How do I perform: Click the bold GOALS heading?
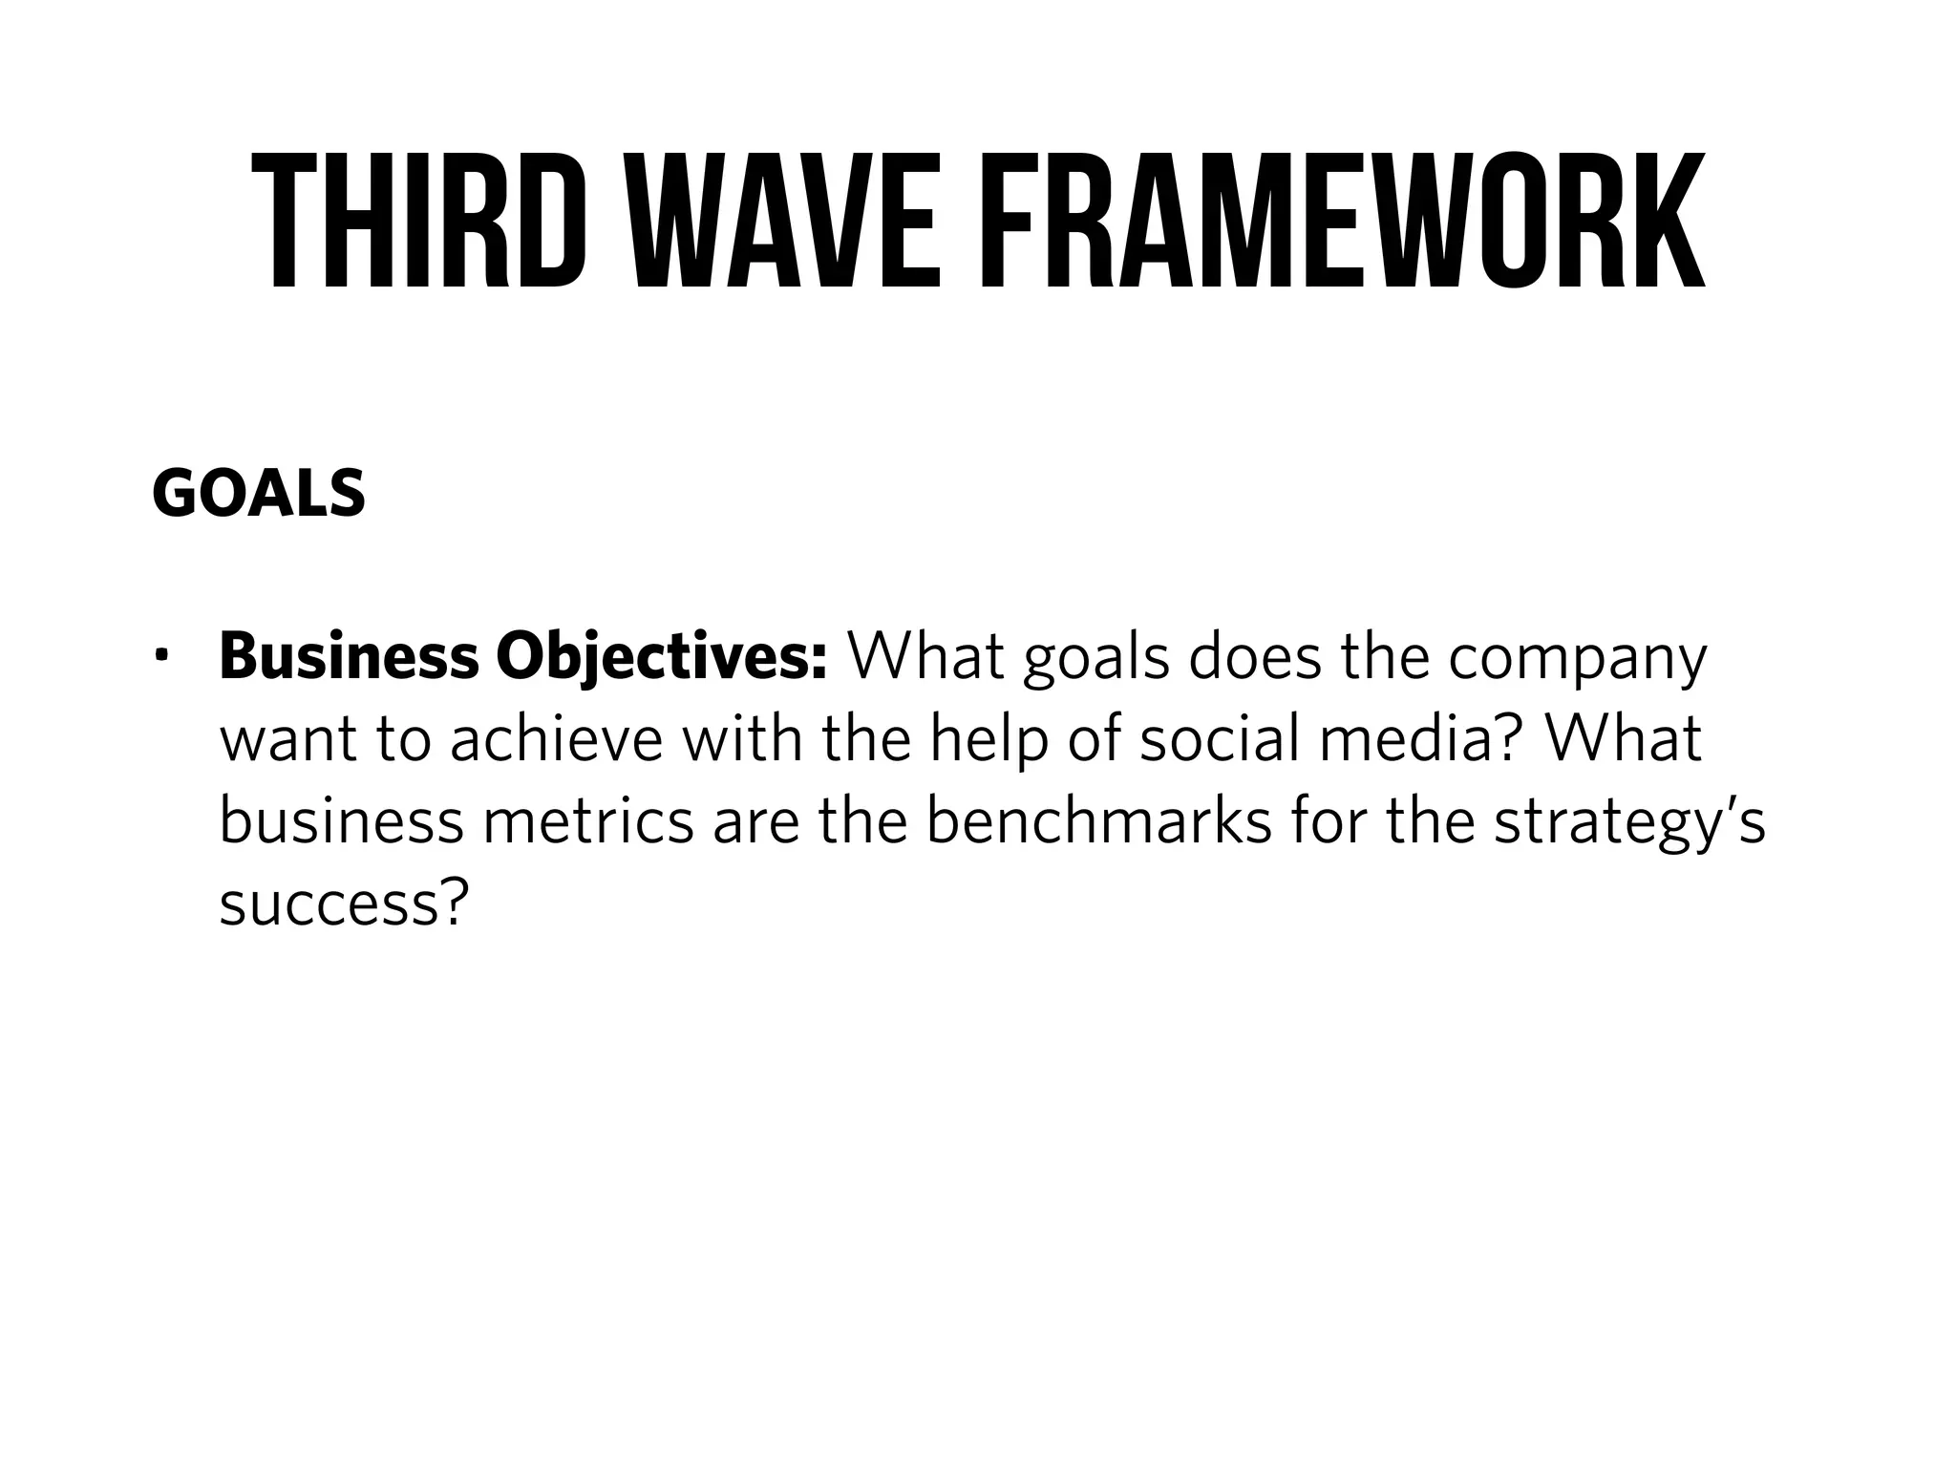click(258, 495)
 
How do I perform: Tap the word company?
click(1577, 659)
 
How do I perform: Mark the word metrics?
click(588, 821)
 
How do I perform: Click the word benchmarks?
click(1099, 821)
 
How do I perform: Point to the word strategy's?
click(1629, 823)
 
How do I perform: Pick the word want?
click(287, 741)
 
